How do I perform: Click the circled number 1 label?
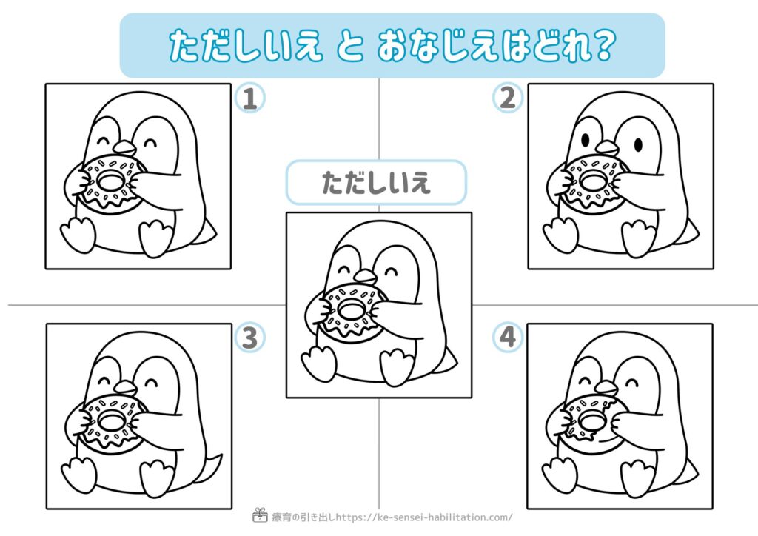(249, 98)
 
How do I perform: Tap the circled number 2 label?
(507, 98)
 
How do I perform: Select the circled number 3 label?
(249, 338)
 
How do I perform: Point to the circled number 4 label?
(507, 337)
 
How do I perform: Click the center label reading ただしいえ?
(376, 183)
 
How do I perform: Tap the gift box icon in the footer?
(260, 515)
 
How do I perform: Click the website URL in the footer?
(424, 517)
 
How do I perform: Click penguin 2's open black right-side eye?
(638, 144)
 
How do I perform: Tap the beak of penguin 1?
(124, 147)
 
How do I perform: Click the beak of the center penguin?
(365, 276)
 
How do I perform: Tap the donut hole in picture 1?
(111, 180)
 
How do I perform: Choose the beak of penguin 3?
(125, 387)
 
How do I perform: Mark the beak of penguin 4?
(607, 387)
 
